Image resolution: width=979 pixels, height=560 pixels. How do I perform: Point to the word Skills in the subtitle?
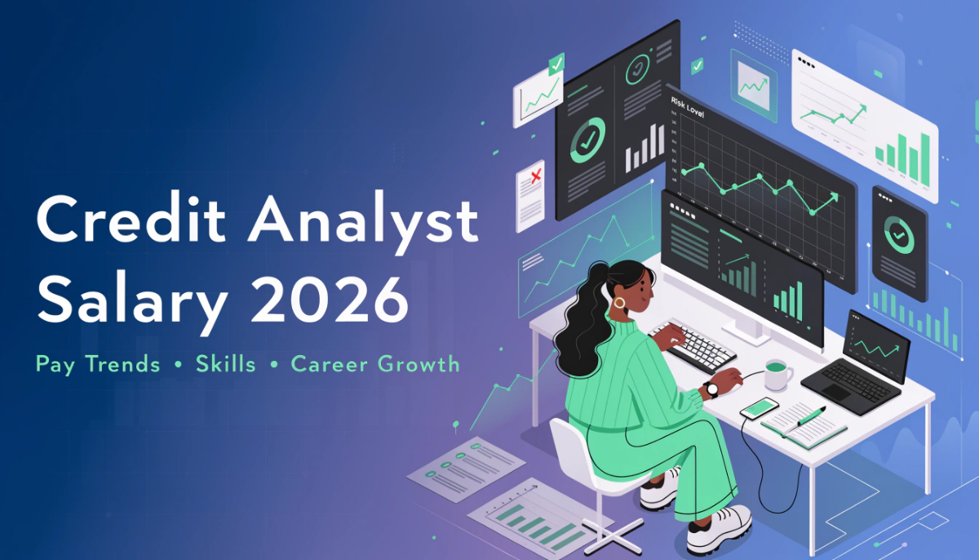[x=225, y=363]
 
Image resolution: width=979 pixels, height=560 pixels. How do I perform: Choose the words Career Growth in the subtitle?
[x=375, y=364]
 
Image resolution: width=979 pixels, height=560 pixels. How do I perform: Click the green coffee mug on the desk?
[x=778, y=375]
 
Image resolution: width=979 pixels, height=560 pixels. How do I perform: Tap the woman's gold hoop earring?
[x=619, y=303]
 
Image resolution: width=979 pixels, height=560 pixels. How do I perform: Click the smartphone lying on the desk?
[x=760, y=407]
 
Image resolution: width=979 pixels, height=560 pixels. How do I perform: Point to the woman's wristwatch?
[x=712, y=389]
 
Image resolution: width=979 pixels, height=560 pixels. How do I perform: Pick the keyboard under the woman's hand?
[x=694, y=346]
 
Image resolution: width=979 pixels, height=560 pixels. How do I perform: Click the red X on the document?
[x=536, y=176]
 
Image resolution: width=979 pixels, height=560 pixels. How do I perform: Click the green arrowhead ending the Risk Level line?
[x=833, y=197]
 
